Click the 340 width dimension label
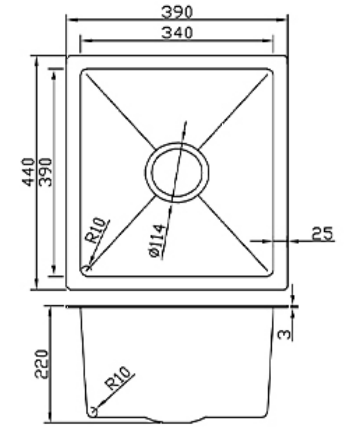(x=177, y=33)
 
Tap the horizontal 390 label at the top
(x=177, y=12)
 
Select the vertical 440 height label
(x=29, y=172)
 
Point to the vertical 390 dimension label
(x=45, y=172)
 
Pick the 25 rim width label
(x=322, y=234)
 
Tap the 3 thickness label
(x=285, y=333)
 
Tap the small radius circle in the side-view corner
(x=93, y=412)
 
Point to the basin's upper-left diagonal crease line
(x=120, y=111)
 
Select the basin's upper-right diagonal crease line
(x=234, y=111)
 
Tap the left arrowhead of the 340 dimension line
(x=83, y=41)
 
